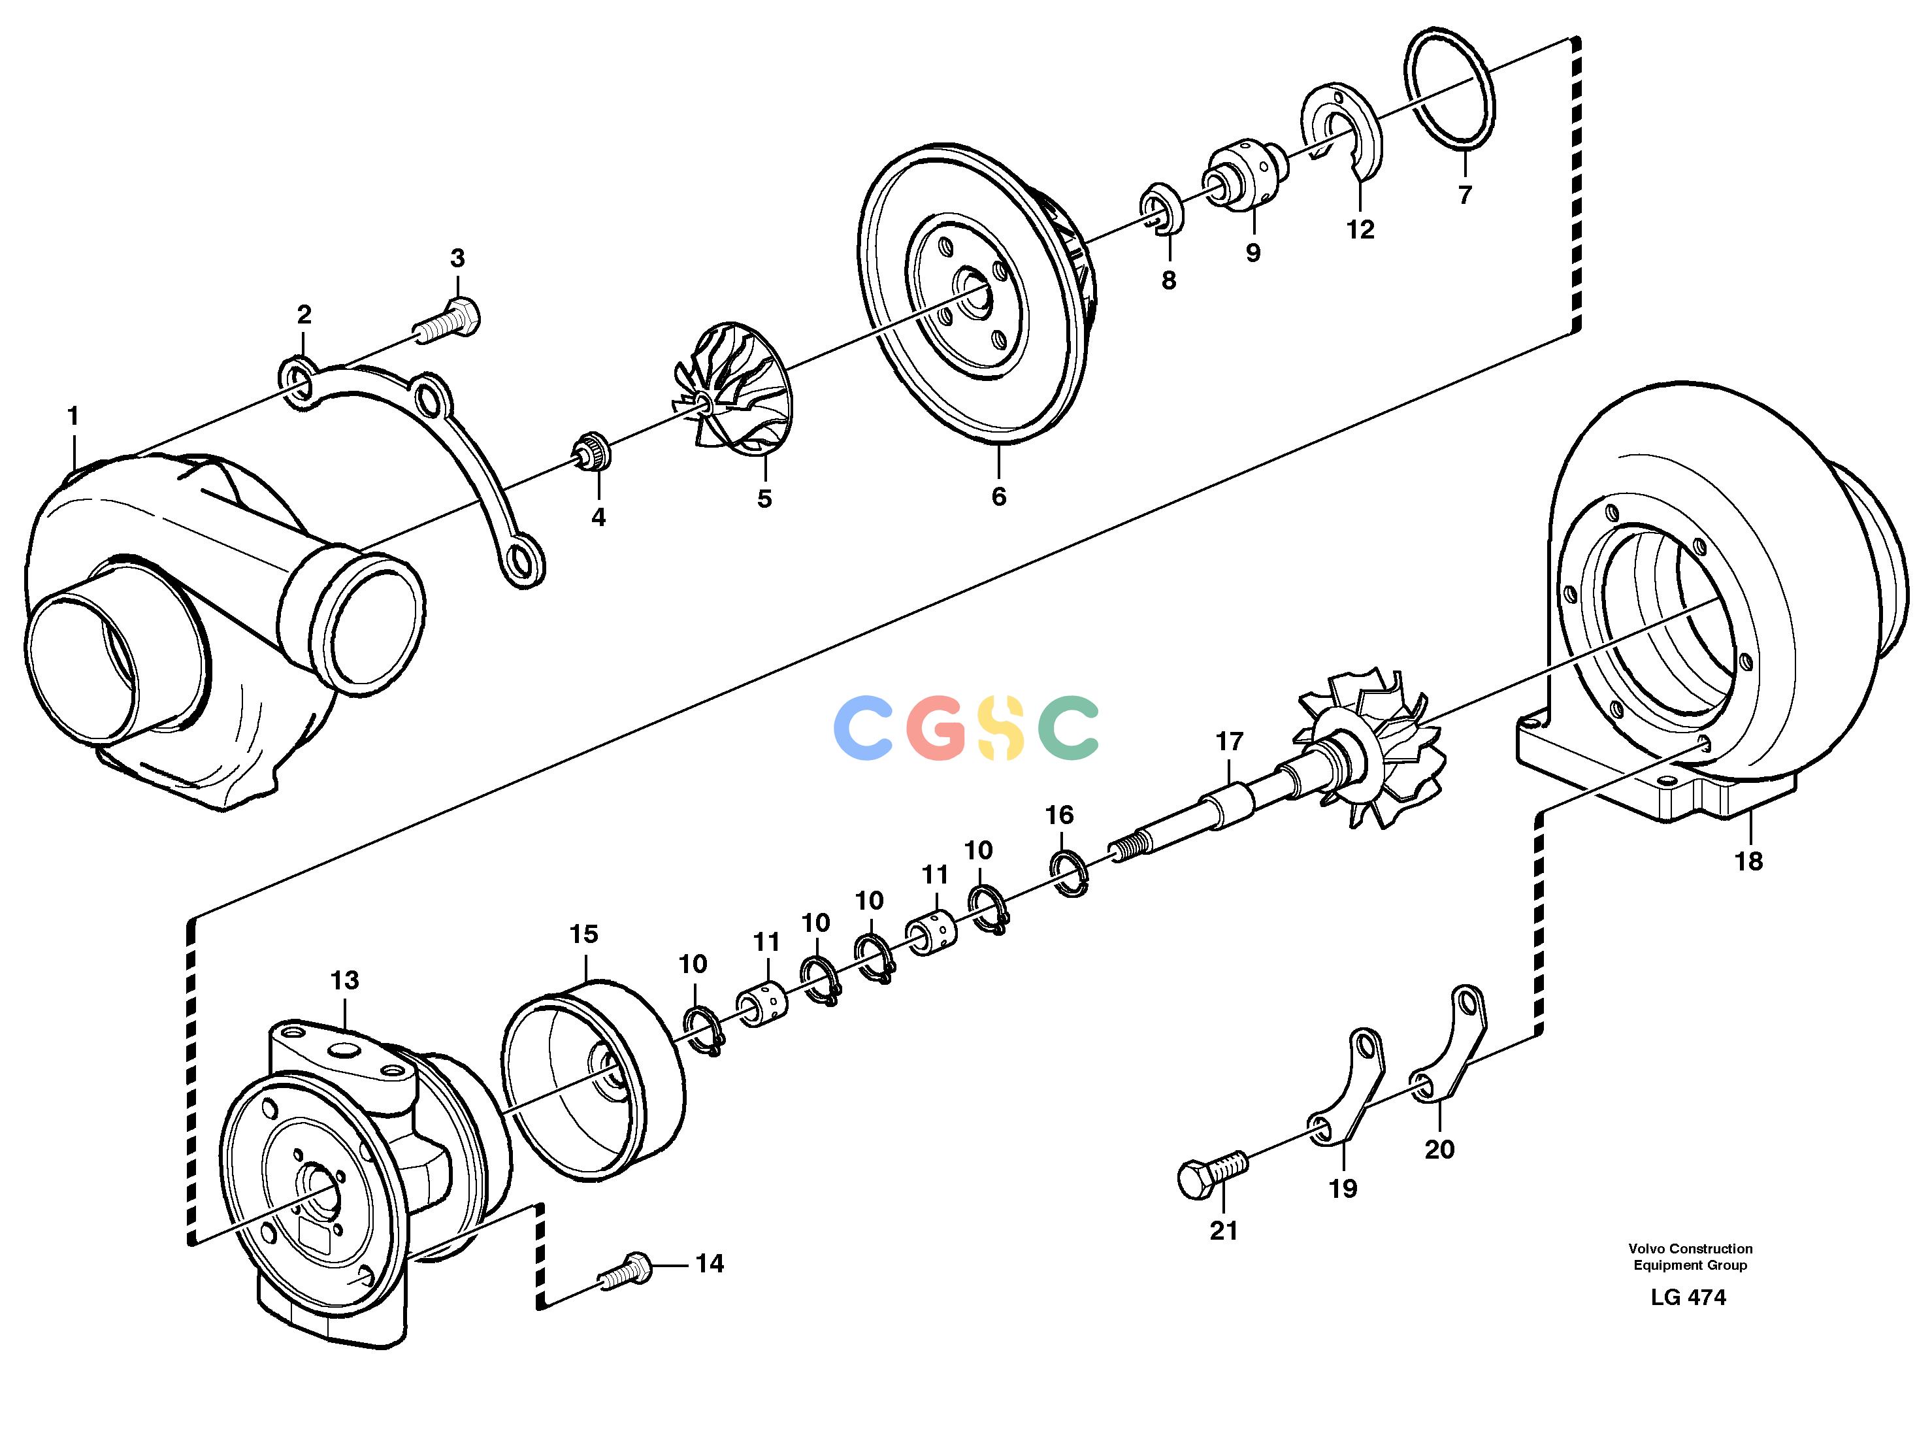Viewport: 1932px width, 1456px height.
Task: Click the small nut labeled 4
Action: pos(591,451)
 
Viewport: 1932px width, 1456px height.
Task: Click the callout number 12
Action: pos(1360,230)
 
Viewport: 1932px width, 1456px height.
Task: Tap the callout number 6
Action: pos(998,496)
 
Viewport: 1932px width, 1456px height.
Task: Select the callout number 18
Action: pos(1748,861)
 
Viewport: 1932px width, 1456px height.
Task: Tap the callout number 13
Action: pos(345,980)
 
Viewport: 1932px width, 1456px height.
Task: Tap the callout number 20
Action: pos(1439,1150)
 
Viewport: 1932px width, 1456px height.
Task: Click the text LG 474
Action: pos(1688,1297)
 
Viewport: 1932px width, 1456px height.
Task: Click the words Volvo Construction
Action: pos(1690,1249)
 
